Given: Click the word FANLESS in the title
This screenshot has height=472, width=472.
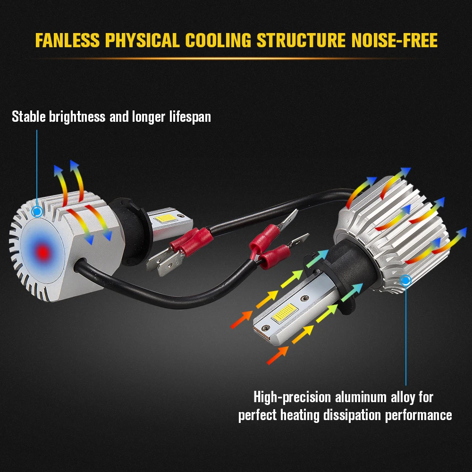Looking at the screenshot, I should (67, 41).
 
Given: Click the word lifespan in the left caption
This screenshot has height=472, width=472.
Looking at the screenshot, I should (190, 117).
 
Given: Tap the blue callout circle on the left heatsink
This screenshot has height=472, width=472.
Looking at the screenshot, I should (36, 212).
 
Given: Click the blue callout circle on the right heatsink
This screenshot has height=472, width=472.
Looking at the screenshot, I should (405, 281).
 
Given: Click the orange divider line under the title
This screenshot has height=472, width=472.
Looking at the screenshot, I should (236, 59).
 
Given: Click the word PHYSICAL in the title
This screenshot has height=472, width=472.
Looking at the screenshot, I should (142, 41).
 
